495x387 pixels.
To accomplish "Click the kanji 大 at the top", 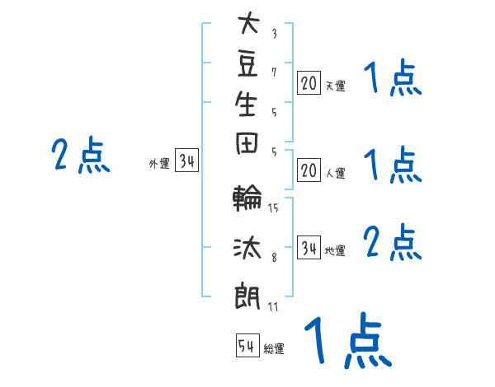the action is click(x=249, y=22).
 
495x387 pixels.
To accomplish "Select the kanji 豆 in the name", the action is click(x=247, y=64).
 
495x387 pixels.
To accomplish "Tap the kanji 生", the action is click(x=246, y=104).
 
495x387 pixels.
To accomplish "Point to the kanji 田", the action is click(x=247, y=143).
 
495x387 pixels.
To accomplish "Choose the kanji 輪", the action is click(x=247, y=198).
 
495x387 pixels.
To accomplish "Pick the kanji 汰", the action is click(x=247, y=247).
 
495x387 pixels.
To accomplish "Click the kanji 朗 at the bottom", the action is click(x=247, y=296).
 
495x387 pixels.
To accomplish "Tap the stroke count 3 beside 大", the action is click(x=275, y=34).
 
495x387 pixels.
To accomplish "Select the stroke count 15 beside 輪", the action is click(x=273, y=207).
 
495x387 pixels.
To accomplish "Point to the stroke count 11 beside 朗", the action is click(x=273, y=306).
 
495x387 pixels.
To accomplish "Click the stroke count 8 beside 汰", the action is click(x=274, y=257).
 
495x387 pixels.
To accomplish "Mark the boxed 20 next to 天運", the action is click(x=309, y=82).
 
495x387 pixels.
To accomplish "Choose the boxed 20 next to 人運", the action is click(x=309, y=170).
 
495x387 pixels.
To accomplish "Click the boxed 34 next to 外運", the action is click(x=187, y=160).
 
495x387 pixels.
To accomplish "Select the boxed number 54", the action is click(x=247, y=345).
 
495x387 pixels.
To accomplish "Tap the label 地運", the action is click(x=335, y=250).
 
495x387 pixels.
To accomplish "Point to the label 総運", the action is click(x=274, y=348).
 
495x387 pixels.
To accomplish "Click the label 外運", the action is click(x=159, y=164).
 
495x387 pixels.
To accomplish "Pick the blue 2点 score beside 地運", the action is click(x=393, y=242).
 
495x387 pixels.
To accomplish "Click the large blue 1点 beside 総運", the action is click(x=348, y=341).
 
